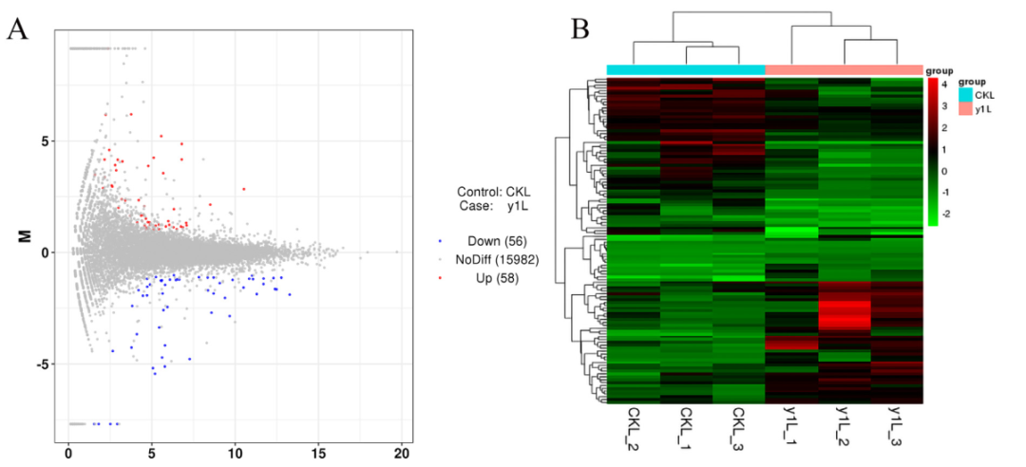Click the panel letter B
click(579, 30)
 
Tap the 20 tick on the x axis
click(401, 455)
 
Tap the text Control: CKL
click(494, 191)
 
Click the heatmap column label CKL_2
click(634, 427)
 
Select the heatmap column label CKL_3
click(738, 427)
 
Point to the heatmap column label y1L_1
click(791, 427)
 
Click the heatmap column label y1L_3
click(895, 427)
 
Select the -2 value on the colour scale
click(946, 215)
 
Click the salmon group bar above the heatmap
click(844, 69)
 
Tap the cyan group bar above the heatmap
click(686, 69)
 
